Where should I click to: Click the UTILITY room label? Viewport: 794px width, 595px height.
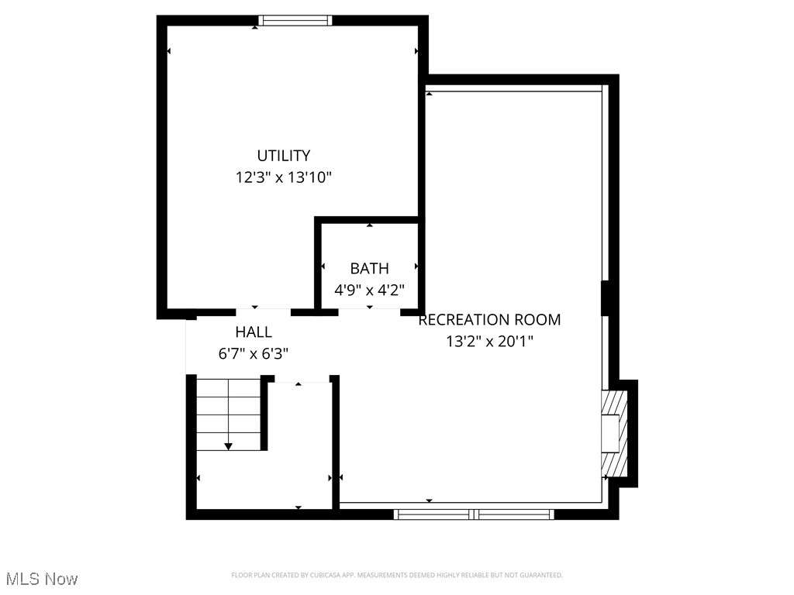[x=284, y=156]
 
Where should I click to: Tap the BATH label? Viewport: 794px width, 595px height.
[x=369, y=269]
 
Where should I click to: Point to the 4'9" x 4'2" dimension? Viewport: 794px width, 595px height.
[x=369, y=291]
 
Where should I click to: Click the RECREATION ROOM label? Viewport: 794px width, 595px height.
[x=489, y=319]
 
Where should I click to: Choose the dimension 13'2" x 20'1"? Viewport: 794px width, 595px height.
[x=489, y=341]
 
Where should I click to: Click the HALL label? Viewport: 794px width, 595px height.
[x=254, y=332]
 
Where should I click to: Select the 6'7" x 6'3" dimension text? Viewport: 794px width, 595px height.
[x=254, y=354]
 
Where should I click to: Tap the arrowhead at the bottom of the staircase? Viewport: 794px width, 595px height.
[x=228, y=446]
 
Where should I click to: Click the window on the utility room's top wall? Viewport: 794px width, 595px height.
[x=295, y=21]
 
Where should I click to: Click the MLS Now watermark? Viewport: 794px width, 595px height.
[x=42, y=579]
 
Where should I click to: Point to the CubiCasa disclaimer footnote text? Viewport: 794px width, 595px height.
[x=396, y=575]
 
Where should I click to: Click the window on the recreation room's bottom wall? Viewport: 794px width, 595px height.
[x=474, y=513]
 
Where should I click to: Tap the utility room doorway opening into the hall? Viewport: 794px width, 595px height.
[x=263, y=311]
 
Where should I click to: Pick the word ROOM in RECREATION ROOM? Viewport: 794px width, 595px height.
[x=536, y=319]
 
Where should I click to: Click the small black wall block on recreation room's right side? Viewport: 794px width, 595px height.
[x=608, y=298]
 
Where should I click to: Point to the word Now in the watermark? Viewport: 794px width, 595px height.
[x=62, y=579]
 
